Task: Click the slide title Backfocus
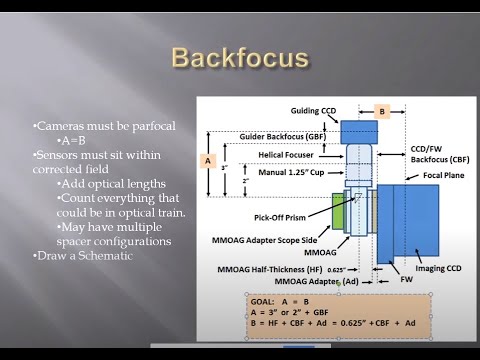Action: click(x=239, y=57)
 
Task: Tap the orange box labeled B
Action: click(x=381, y=111)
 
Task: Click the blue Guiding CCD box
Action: click(x=359, y=132)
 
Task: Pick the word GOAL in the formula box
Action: click(x=263, y=299)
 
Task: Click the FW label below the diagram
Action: click(x=406, y=281)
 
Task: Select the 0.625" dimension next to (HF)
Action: click(x=338, y=269)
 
